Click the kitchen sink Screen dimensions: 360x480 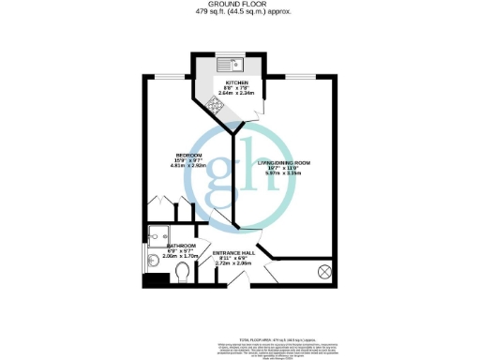pos(231,65)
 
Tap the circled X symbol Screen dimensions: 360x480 pos(324,272)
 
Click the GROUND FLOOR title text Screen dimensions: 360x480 pos(240,4)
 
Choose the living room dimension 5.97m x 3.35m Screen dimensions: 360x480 pos(283,173)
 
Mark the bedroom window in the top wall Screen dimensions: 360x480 pos(170,75)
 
